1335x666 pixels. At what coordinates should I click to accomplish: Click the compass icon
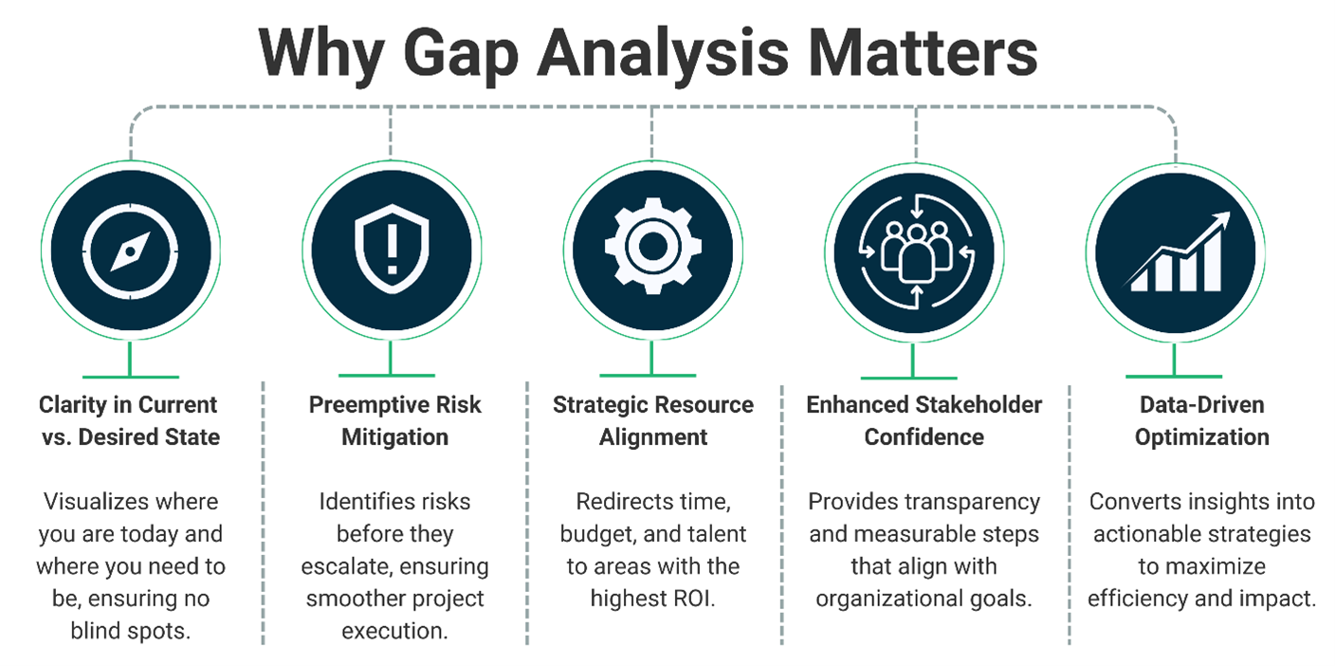pos(128,250)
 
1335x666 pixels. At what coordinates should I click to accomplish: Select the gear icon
pos(652,249)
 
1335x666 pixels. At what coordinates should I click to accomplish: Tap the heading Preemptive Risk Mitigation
pos(394,421)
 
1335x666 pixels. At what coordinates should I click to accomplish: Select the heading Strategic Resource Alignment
pos(653,421)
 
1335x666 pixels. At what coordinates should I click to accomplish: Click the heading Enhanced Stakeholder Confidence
pos(924,421)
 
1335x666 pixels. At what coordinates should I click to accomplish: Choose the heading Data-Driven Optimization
pos(1201,421)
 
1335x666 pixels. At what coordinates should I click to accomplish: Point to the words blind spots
pos(129,631)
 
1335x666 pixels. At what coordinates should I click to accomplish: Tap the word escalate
pos(344,567)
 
